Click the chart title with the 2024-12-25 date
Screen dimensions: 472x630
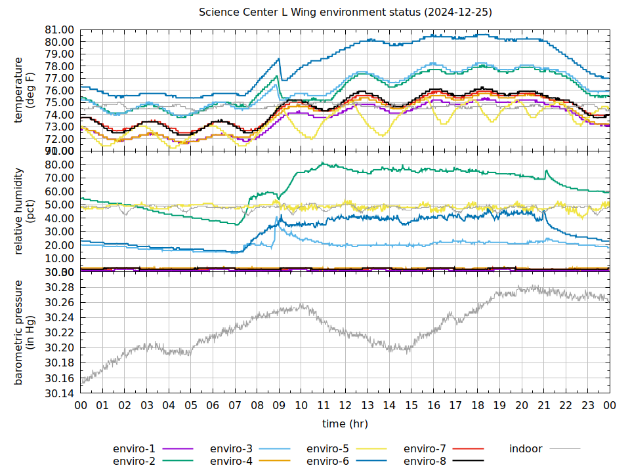[346, 12]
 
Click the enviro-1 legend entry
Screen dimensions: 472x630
[135, 449]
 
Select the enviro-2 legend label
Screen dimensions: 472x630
[135, 461]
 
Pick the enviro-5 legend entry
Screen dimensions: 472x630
[328, 449]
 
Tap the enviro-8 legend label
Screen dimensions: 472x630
[425, 461]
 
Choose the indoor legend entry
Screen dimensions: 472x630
[526, 449]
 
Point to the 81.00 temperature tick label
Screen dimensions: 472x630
[59, 29]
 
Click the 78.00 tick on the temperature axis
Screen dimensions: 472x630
[59, 66]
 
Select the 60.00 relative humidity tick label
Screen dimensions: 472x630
[59, 191]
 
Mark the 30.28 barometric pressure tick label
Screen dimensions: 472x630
[59, 288]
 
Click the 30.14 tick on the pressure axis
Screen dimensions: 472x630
[59, 394]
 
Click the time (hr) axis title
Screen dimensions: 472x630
[345, 424]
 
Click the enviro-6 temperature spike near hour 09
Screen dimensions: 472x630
[279, 59]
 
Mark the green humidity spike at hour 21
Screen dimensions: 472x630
[546, 171]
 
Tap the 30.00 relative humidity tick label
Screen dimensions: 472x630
[59, 231]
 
